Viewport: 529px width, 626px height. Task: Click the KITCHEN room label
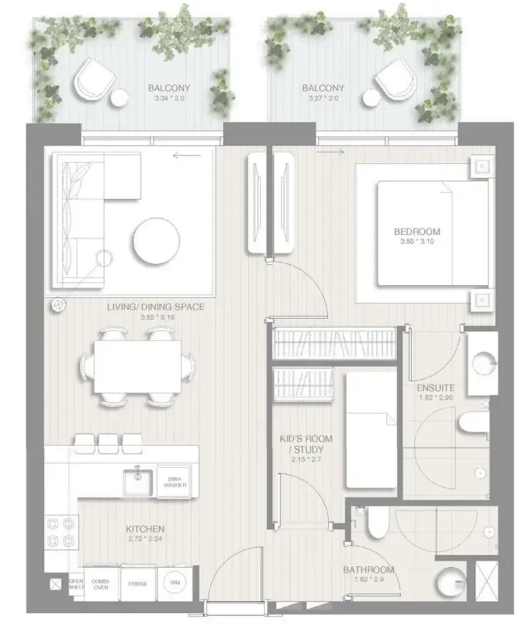tap(145, 529)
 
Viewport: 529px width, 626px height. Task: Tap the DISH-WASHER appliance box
tap(172, 481)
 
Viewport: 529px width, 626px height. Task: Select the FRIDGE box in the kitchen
tap(138, 583)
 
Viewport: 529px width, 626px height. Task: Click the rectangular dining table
tap(138, 366)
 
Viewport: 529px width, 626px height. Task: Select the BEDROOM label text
tap(417, 231)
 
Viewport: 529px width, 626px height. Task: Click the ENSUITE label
tap(436, 388)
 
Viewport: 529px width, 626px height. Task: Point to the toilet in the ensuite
tap(473, 424)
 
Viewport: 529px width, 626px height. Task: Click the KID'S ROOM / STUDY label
tap(306, 444)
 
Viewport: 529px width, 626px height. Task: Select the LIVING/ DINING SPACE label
tap(155, 307)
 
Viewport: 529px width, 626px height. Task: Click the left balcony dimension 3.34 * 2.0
tap(169, 98)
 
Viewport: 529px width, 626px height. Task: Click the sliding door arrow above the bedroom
tap(330, 151)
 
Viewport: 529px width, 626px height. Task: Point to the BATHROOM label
tap(369, 570)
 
